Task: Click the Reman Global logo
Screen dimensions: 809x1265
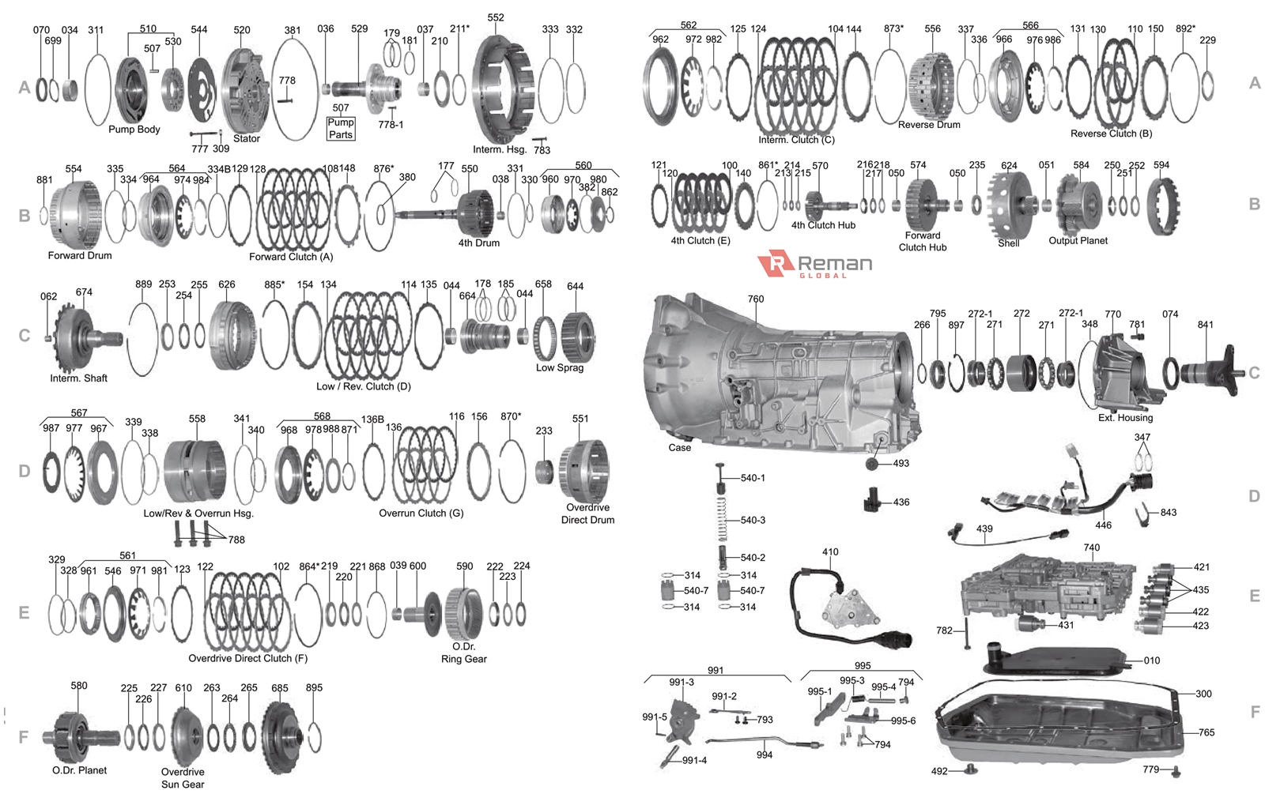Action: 814,265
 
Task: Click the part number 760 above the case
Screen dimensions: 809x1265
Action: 756,299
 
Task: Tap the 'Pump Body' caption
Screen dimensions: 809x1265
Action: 134,130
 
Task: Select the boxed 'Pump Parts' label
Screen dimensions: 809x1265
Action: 341,128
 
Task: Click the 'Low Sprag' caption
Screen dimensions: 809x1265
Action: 560,368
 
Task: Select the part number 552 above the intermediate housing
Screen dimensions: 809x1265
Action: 496,17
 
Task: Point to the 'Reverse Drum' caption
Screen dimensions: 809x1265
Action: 929,125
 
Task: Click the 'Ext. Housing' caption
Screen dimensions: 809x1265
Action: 1125,418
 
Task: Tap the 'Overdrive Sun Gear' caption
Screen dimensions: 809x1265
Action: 183,778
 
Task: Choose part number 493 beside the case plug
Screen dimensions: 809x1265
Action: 901,464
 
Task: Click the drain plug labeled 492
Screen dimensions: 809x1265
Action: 968,769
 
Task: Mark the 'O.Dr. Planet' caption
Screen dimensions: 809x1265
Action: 80,770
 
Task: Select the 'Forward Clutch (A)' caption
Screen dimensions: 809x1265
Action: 291,257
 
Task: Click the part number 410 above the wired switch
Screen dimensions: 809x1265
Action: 830,552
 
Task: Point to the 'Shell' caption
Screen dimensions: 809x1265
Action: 1008,243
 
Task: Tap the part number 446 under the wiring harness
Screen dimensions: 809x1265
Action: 1103,525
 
